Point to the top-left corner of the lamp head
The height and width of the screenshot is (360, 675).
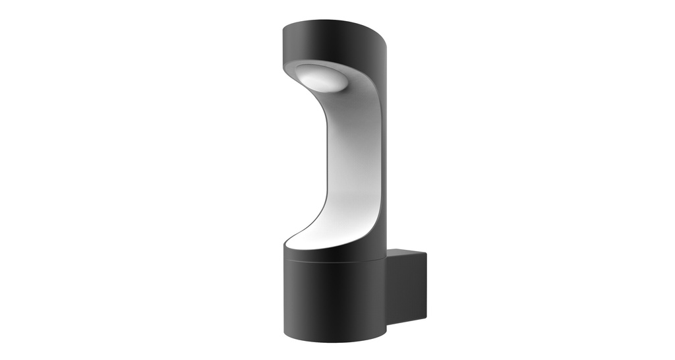click(284, 27)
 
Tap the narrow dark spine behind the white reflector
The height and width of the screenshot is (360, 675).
click(388, 165)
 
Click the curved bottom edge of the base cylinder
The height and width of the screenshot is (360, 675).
click(333, 342)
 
